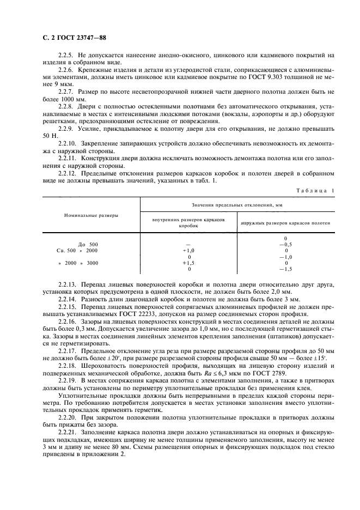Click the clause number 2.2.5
[x=66, y=56]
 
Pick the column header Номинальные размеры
[x=90, y=216]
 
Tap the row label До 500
[x=88, y=244]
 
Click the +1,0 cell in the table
[x=188, y=250]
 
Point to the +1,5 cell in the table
[x=188, y=262]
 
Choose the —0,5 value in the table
[x=285, y=244]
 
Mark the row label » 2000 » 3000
[x=78, y=262]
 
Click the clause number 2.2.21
[x=68, y=431]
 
